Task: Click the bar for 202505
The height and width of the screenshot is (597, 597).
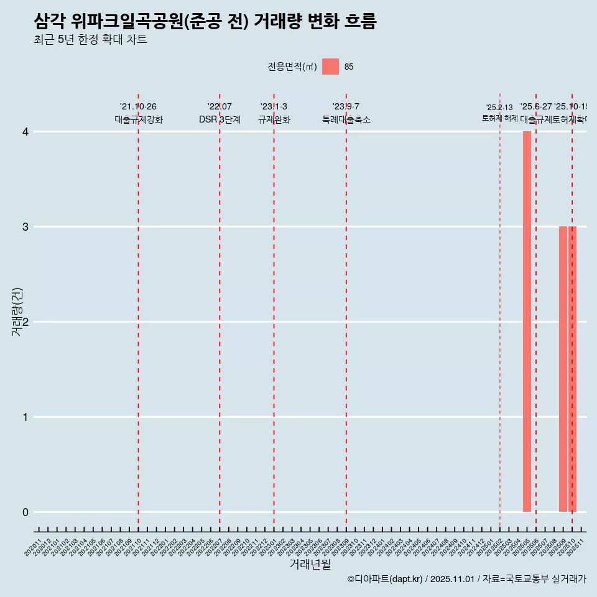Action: (x=527, y=322)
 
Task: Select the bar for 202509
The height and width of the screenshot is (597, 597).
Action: (x=563, y=369)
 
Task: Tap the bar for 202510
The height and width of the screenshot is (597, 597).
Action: (x=572, y=369)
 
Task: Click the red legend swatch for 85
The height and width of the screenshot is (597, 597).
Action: (x=330, y=67)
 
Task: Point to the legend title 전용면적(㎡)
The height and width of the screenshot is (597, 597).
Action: (x=292, y=67)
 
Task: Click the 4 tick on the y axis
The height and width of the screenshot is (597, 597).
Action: (x=25, y=132)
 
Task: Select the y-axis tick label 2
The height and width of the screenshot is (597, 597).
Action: (x=25, y=322)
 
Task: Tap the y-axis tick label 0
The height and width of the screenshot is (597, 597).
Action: (x=25, y=512)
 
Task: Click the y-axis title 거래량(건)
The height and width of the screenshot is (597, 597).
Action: (x=17, y=312)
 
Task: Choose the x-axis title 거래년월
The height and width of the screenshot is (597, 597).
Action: (x=310, y=564)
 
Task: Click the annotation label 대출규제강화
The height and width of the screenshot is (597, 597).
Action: (x=139, y=119)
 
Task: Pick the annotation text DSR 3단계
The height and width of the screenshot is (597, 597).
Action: (x=220, y=119)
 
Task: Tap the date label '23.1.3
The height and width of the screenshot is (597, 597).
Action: (x=274, y=107)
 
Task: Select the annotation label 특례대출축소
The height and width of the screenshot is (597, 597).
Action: (x=346, y=119)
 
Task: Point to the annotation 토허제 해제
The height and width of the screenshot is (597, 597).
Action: (x=499, y=118)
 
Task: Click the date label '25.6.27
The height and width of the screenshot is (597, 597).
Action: (x=536, y=107)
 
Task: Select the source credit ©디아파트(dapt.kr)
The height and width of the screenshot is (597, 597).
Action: (x=385, y=579)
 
